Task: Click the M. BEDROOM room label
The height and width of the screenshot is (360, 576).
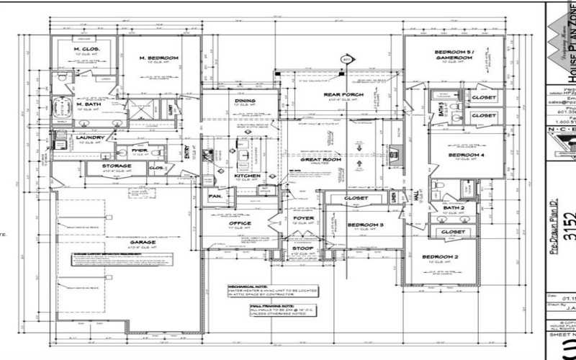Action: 160,58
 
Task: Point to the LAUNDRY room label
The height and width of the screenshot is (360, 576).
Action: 91,138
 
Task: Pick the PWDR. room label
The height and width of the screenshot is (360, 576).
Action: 140,151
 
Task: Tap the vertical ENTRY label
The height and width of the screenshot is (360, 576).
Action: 186,152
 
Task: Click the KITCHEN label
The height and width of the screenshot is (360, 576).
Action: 247,175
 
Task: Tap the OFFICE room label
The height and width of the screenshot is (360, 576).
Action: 240,222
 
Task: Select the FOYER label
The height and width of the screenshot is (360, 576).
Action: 303,217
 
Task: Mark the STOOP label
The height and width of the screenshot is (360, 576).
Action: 302,248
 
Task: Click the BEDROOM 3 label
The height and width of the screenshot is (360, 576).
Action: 365,225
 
